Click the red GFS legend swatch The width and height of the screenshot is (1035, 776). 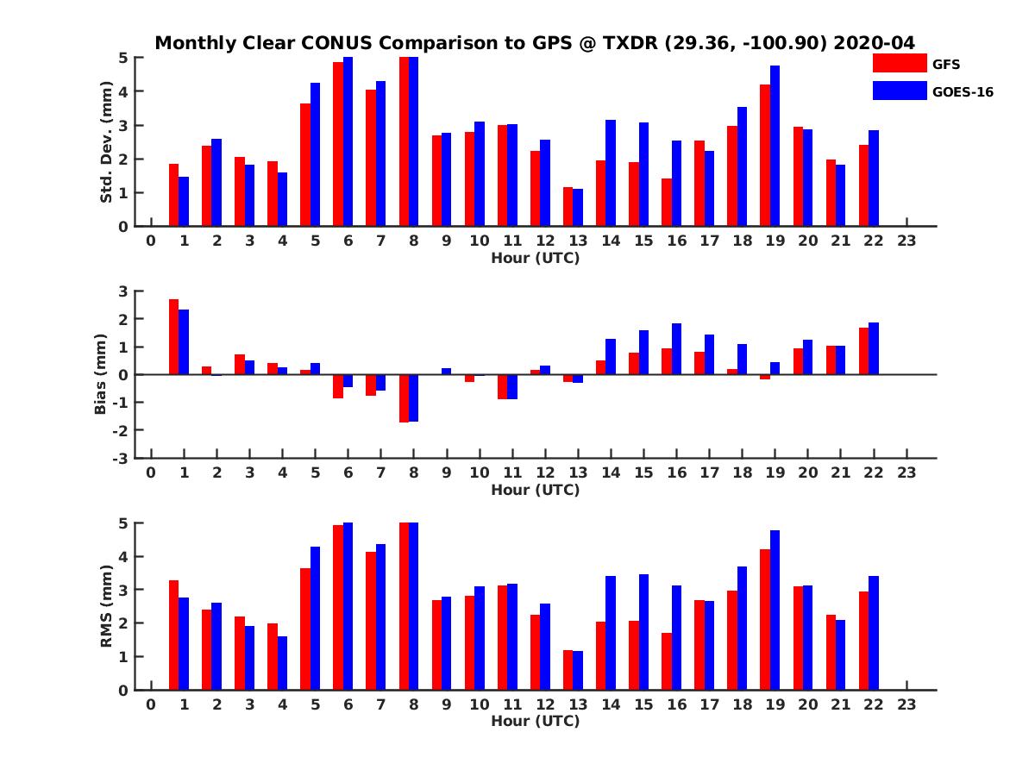click(x=899, y=63)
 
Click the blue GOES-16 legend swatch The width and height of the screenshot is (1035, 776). click(x=899, y=91)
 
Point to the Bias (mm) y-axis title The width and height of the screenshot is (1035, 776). click(x=101, y=374)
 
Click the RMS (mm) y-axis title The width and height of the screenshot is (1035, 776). click(x=107, y=606)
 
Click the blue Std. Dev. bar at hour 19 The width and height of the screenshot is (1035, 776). click(x=775, y=146)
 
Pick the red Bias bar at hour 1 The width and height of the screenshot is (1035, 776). click(x=173, y=337)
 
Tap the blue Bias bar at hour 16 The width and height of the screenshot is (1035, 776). click(x=676, y=349)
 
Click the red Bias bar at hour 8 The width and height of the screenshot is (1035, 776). click(x=404, y=398)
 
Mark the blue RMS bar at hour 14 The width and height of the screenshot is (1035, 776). click(x=611, y=633)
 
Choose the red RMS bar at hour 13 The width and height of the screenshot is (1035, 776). click(x=568, y=670)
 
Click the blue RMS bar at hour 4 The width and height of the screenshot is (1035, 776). click(x=282, y=663)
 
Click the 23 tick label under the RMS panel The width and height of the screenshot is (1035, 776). click(x=906, y=704)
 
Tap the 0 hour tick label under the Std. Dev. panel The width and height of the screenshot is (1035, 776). click(x=151, y=241)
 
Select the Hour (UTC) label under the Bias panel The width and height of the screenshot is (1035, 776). click(x=535, y=490)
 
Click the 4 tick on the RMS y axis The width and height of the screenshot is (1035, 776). click(x=123, y=556)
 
